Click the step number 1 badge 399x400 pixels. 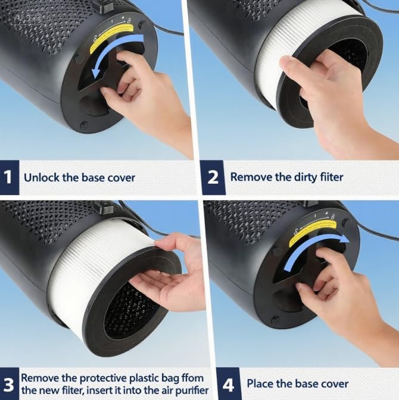[x=8, y=177]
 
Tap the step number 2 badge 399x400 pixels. [x=213, y=177]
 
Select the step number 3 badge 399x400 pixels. [x=8, y=385]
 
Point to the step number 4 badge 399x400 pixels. [x=228, y=385]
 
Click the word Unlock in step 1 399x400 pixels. [x=40, y=177]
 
